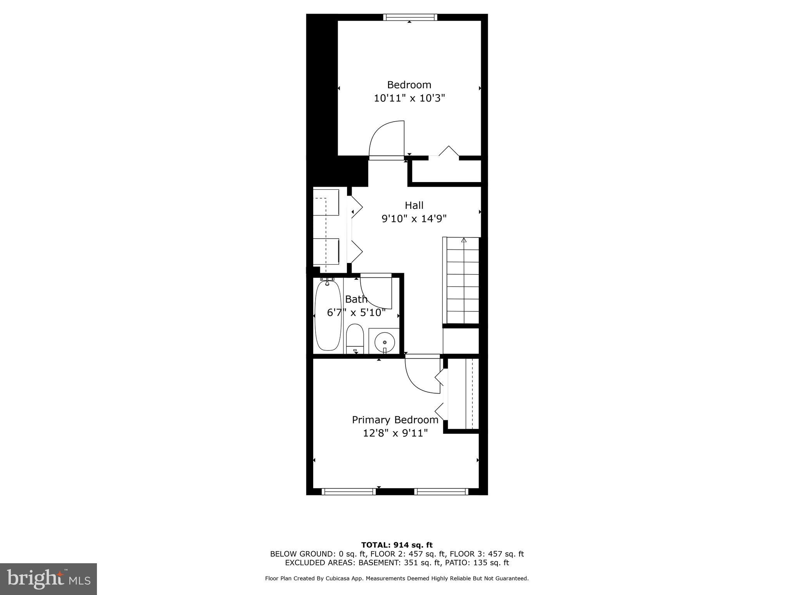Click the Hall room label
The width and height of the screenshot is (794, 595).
(x=414, y=205)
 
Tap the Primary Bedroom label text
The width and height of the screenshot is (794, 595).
(x=395, y=420)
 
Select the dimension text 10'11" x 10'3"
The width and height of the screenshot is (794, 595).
(x=409, y=98)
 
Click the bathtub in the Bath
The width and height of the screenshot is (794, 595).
(x=328, y=316)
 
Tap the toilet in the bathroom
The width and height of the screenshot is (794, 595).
(x=354, y=339)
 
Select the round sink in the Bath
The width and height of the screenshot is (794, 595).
(x=384, y=342)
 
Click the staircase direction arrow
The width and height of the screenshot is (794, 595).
(x=464, y=240)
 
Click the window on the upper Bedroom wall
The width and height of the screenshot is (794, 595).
(x=410, y=17)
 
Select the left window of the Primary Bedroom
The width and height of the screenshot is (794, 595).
(x=349, y=492)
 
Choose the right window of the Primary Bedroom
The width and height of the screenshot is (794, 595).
(x=441, y=492)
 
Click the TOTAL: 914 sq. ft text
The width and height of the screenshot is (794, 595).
(x=397, y=545)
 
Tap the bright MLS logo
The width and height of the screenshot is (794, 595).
(x=48, y=579)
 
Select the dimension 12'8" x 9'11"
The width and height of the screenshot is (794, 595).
(x=395, y=433)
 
